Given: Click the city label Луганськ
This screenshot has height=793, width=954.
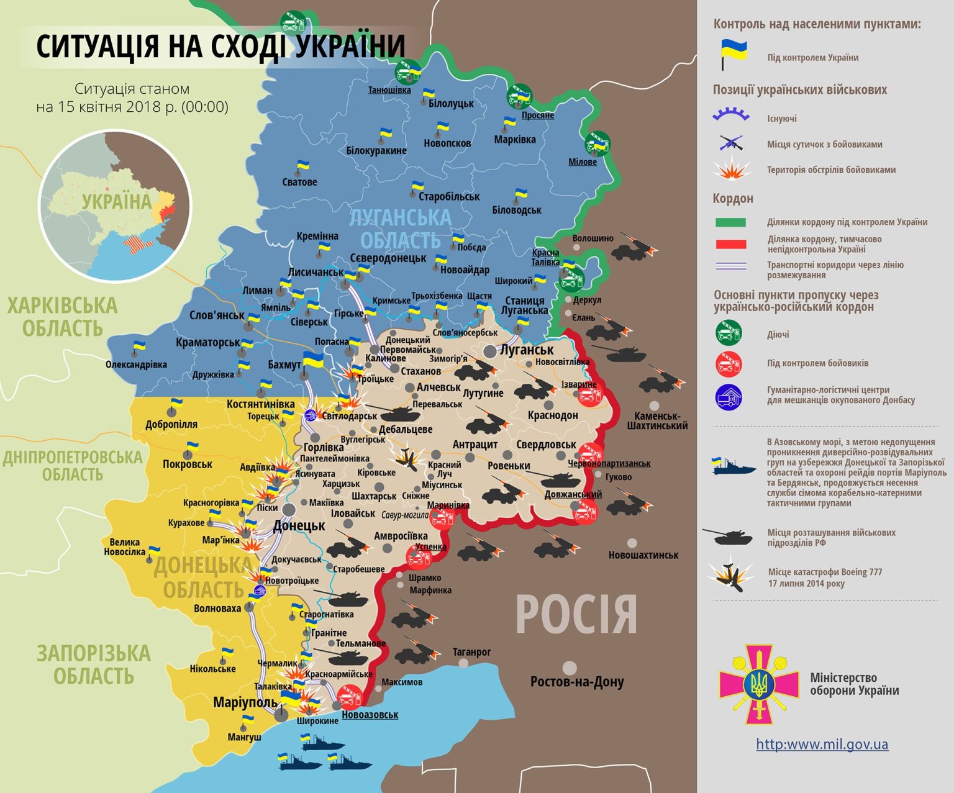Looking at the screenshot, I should [x=527, y=350].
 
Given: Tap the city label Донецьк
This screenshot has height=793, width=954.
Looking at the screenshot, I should [x=299, y=526].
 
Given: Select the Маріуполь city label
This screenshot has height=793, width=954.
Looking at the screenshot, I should [x=245, y=702].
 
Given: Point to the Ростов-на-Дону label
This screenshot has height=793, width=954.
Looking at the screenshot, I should [x=576, y=682].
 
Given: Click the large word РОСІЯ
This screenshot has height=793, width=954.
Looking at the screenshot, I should [x=576, y=614].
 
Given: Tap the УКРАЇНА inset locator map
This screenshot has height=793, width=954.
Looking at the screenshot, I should [x=116, y=206].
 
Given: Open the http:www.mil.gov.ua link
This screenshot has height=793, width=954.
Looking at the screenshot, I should [x=822, y=744].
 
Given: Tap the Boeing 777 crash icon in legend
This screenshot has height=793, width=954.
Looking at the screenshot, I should [x=730, y=577].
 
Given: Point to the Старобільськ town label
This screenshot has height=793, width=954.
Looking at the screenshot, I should [x=448, y=197].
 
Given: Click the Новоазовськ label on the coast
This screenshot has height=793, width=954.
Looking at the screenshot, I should [x=370, y=715].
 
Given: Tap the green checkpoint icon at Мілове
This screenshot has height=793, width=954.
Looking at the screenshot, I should [x=597, y=143].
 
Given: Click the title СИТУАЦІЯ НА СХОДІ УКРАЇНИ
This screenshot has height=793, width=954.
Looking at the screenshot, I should [x=220, y=46].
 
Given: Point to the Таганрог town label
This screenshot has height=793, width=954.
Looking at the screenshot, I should [x=471, y=652].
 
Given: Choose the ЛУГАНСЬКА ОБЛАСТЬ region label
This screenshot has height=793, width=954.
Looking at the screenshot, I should [x=400, y=229].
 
